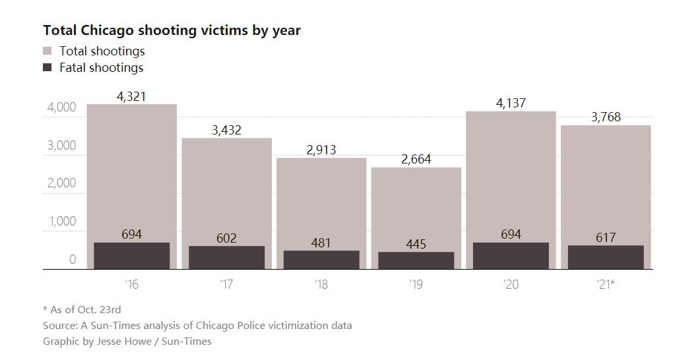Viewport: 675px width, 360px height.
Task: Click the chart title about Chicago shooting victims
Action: pos(172,30)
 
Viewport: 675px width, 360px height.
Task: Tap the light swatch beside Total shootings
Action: pos(48,51)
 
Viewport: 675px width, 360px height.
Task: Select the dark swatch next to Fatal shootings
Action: pos(48,67)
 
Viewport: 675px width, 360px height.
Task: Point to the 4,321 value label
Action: pos(131,96)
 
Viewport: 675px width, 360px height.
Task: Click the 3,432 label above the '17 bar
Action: pos(226,130)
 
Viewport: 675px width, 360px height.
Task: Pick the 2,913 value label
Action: pos(321,150)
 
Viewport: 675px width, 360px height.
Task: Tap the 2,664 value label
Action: pos(416,160)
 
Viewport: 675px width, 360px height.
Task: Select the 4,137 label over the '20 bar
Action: pos(511,103)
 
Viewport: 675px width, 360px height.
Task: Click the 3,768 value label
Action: pos(606,117)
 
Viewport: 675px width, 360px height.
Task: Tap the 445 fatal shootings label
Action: pos(416,244)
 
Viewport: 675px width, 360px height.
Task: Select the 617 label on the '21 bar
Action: pos(606,237)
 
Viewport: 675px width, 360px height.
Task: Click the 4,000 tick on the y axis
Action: pos(61,107)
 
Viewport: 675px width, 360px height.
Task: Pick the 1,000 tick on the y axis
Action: pos(61,222)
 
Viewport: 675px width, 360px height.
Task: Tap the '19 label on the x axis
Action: pos(416,285)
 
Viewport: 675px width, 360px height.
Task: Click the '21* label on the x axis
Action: pos(606,285)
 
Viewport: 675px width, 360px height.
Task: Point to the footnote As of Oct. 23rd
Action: pos(82,309)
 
